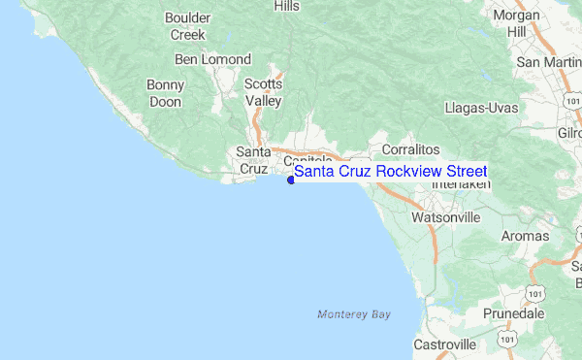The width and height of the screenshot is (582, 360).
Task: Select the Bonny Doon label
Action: point(165,92)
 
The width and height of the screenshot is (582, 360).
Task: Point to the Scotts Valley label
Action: point(263,92)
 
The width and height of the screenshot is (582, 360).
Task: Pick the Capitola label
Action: point(308,159)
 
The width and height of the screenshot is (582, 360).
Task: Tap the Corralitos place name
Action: point(411,149)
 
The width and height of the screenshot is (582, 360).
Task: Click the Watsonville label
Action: point(446,217)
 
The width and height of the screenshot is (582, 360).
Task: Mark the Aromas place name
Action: point(525,236)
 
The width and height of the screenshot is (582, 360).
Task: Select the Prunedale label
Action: point(515,314)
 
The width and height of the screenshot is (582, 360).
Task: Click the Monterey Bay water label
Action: point(354,314)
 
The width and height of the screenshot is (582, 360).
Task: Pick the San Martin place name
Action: point(550,63)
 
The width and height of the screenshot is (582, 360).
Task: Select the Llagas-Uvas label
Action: point(481,107)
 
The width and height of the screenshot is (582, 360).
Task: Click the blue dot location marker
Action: point(291,178)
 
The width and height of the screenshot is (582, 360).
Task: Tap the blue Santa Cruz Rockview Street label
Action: point(391,171)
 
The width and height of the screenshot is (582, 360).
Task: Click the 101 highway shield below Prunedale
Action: point(508,336)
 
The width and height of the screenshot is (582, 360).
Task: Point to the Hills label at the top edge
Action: point(287,6)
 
